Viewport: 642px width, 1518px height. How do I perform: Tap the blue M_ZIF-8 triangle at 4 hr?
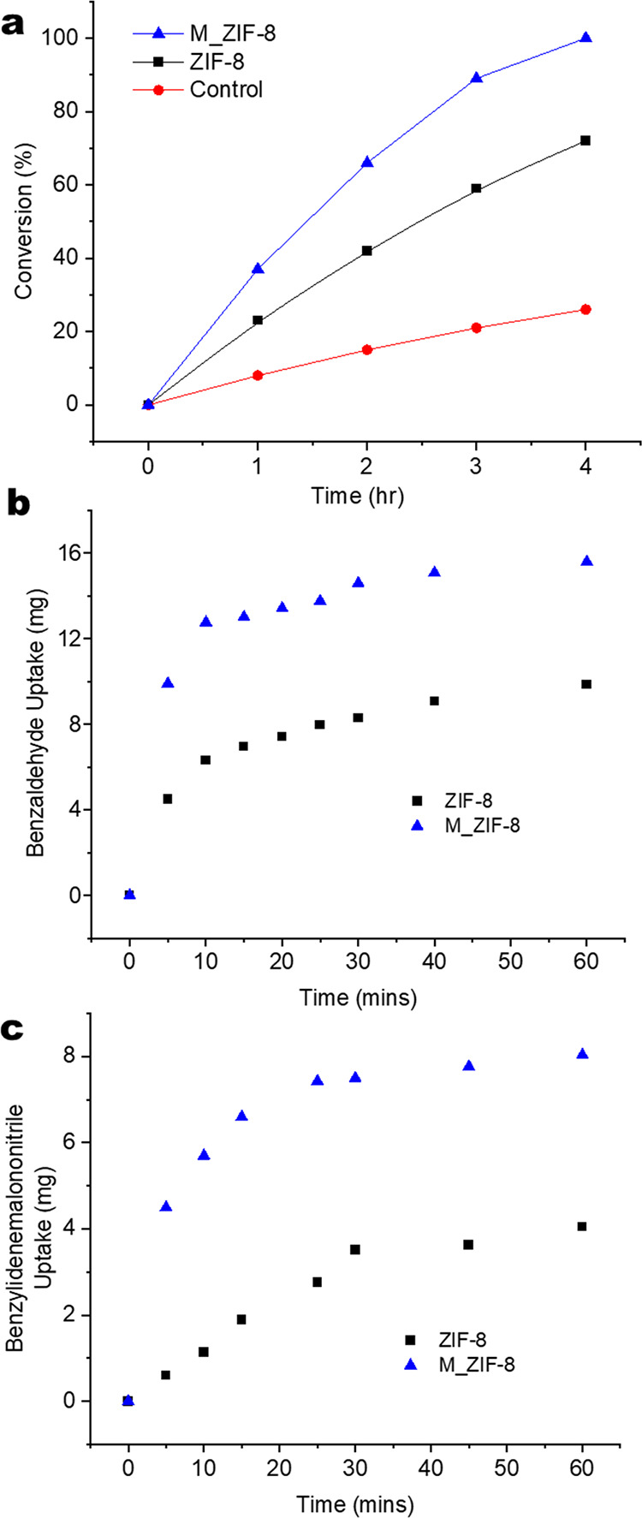(586, 38)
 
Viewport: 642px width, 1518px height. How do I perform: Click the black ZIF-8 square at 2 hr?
(367, 251)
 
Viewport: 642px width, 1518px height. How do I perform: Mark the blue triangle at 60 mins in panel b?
(586, 561)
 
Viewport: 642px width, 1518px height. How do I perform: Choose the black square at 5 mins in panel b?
(168, 799)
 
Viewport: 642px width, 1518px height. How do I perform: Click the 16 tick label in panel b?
(70, 553)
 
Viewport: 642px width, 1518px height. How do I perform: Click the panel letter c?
(15, 1021)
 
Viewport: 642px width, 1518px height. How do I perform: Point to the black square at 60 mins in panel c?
(582, 1227)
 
